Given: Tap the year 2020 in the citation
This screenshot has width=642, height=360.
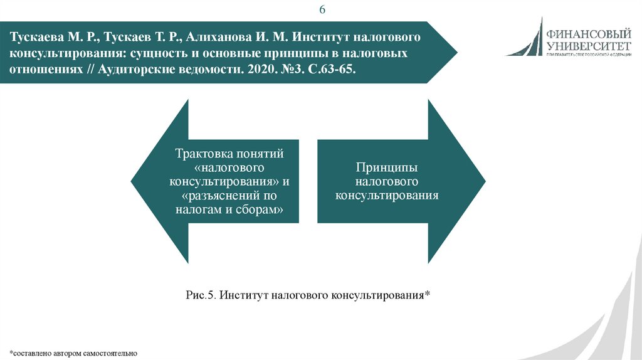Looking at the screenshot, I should click(x=255, y=68).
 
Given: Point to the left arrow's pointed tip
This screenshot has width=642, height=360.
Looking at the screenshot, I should click(x=132, y=182).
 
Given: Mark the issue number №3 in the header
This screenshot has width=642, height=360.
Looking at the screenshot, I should click(x=290, y=68).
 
